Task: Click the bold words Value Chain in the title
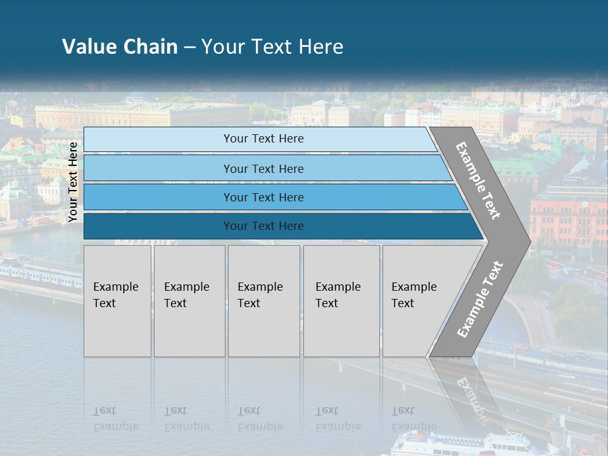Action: click(x=120, y=47)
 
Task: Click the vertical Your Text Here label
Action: click(x=73, y=182)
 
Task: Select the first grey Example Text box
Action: click(x=117, y=301)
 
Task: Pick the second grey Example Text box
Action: click(x=189, y=301)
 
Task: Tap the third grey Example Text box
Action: click(x=263, y=301)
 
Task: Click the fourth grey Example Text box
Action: click(x=341, y=301)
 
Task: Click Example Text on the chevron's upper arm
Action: click(x=478, y=180)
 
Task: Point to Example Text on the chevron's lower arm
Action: click(x=480, y=299)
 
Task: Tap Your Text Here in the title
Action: click(x=272, y=47)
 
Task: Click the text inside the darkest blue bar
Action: click(x=263, y=226)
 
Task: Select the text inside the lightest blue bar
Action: click(x=263, y=139)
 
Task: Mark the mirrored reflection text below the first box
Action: click(x=116, y=419)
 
